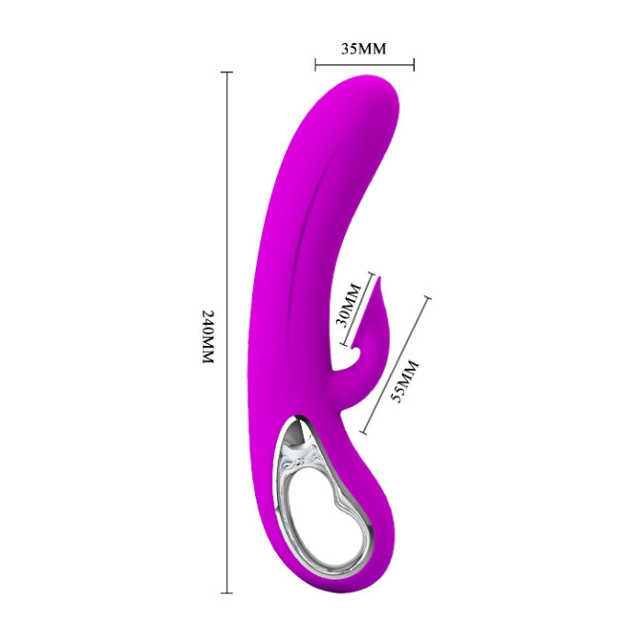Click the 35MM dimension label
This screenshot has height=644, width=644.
(363, 49)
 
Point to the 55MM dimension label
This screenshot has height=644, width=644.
(409, 378)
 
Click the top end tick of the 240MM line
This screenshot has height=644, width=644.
(227, 73)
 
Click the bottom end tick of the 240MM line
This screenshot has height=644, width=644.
(227, 592)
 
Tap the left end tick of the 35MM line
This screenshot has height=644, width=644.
(316, 64)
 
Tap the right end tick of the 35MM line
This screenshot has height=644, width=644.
(414, 64)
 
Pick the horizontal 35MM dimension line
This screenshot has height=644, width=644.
(364, 64)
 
